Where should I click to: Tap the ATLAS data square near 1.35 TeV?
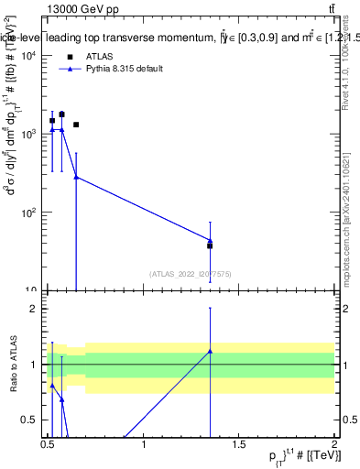click(210, 245)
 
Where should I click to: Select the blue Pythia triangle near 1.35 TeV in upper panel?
click(210, 241)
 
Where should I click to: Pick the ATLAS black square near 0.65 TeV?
click(76, 125)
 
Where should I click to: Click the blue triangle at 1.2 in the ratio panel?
click(210, 352)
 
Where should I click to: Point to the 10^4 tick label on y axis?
click(30, 56)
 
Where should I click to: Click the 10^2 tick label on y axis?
click(30, 213)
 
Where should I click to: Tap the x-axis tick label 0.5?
click(48, 443)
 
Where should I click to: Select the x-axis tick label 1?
click(145, 443)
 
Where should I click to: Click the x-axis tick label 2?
click(334, 443)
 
